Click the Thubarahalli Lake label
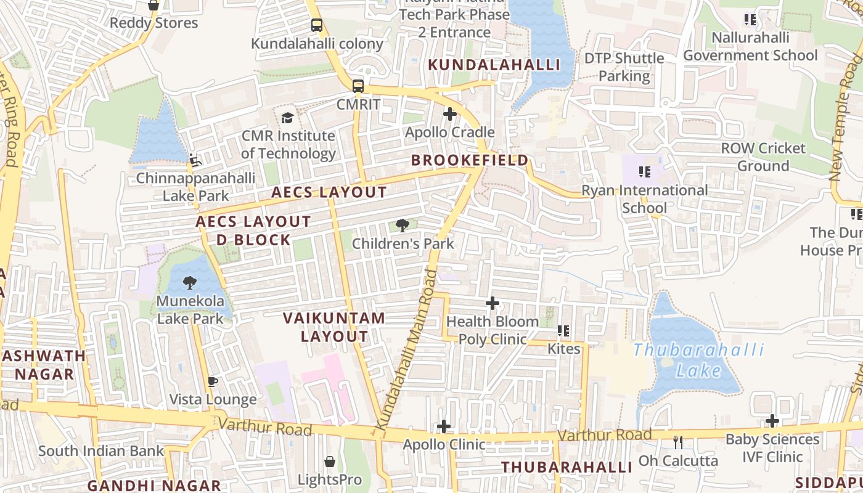click(698, 360)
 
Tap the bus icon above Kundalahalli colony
click(317, 25)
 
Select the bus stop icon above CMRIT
click(358, 86)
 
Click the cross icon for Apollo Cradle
click(450, 114)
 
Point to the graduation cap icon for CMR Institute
click(287, 118)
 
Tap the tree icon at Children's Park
click(403, 226)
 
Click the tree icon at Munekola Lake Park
click(190, 283)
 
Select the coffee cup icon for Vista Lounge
click(213, 381)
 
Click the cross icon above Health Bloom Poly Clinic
click(492, 303)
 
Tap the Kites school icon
click(563, 331)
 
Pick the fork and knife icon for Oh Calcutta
click(678, 442)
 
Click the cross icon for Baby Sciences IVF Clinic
click(772, 421)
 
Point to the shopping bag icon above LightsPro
click(330, 462)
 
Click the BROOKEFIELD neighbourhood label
click(470, 161)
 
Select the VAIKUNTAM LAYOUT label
click(334, 327)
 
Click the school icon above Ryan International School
click(645, 172)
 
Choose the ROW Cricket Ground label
click(763, 157)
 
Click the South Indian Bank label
click(101, 450)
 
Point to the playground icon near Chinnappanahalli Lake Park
click(195, 160)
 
